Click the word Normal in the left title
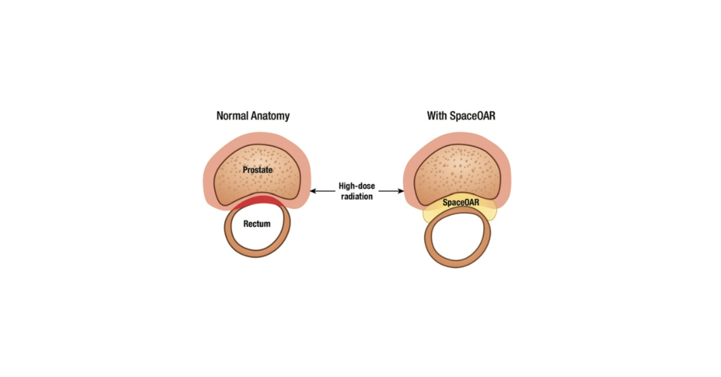(233, 115)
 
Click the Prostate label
(258, 170)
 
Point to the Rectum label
(257, 224)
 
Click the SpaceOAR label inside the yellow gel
(461, 203)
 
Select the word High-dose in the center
(356, 186)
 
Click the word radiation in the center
(356, 196)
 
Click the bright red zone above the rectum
(258, 203)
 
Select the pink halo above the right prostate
(459, 139)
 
